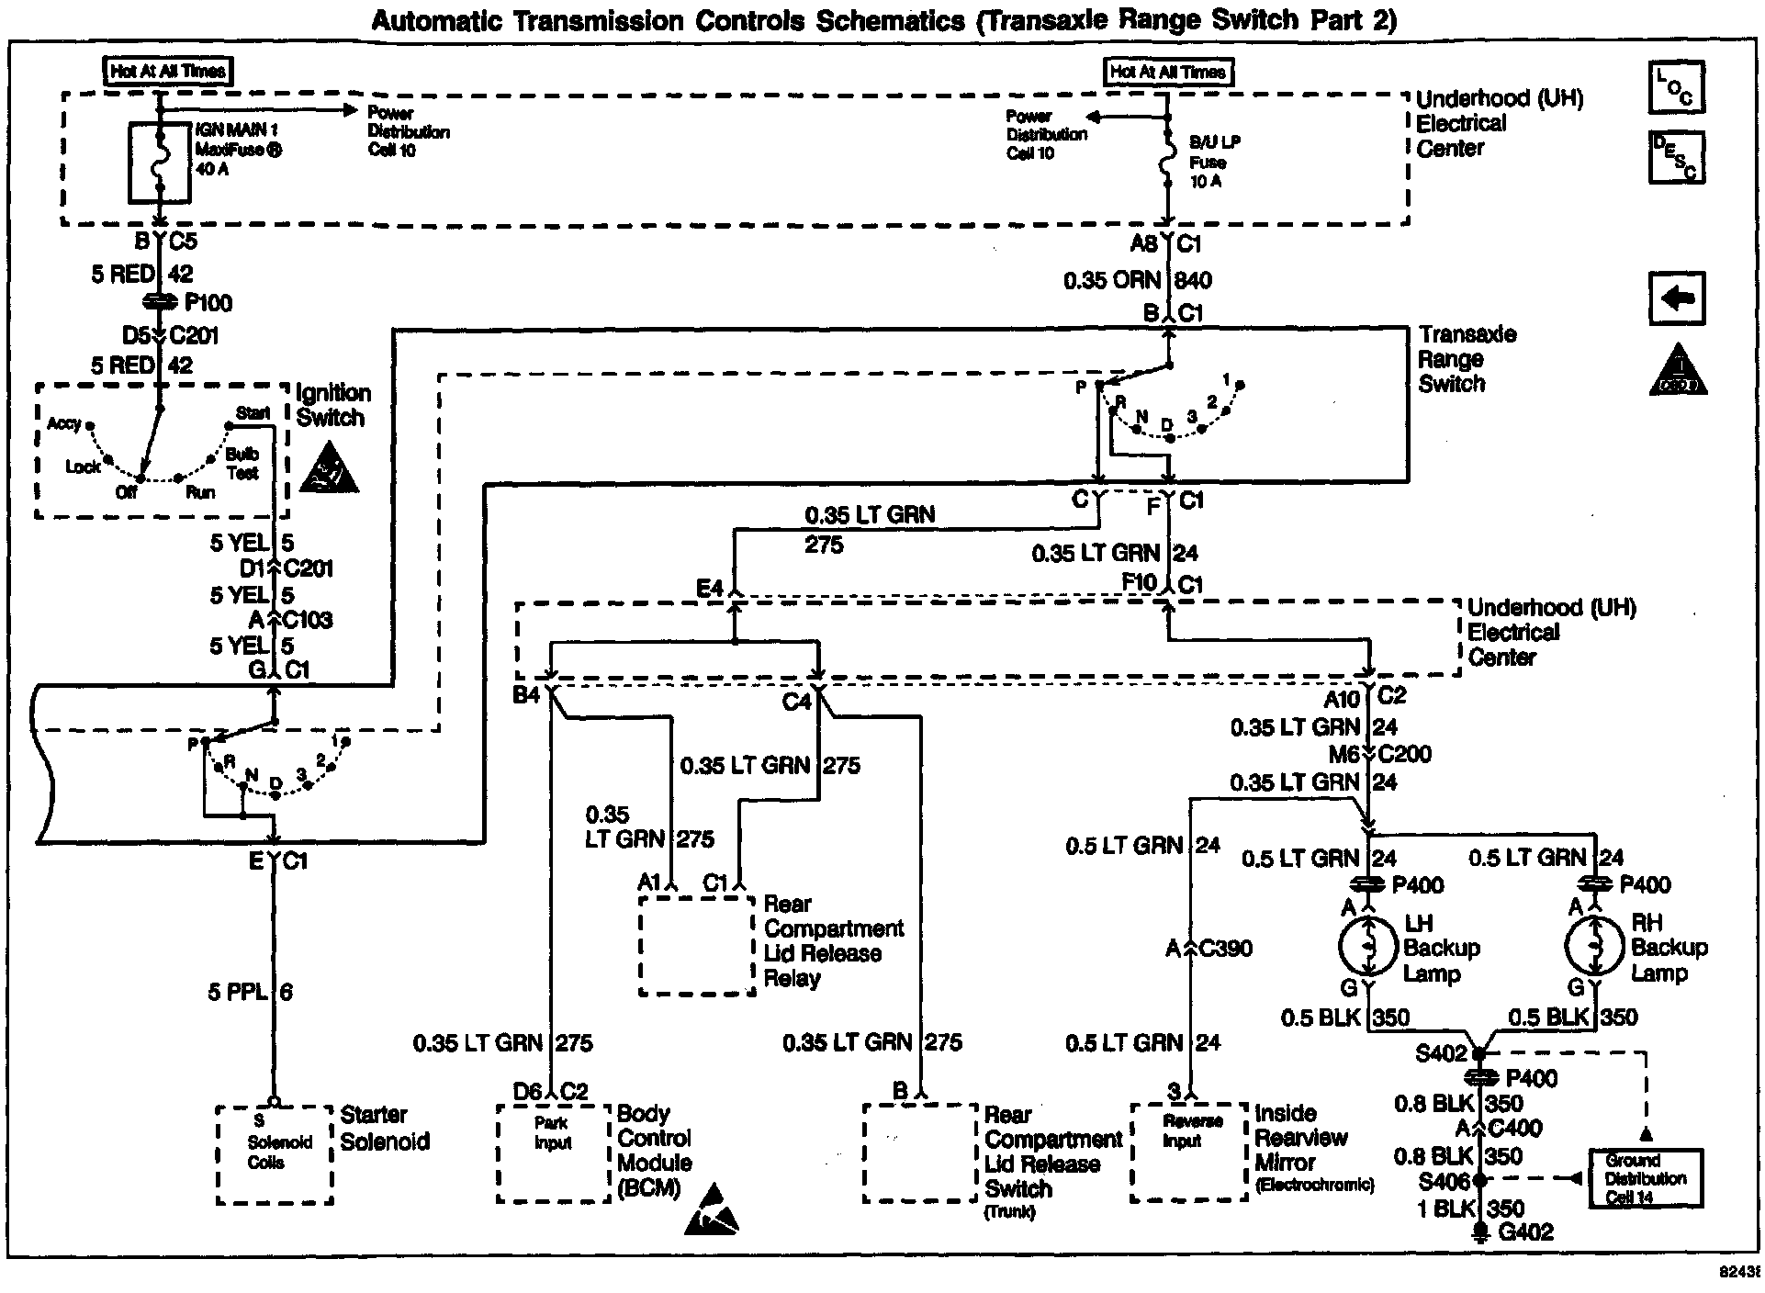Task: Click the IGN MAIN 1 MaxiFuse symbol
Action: point(159,163)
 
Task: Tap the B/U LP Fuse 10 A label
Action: point(1215,162)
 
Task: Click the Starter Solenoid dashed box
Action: point(275,1154)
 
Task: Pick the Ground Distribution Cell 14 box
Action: point(1646,1178)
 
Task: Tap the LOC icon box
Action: point(1677,87)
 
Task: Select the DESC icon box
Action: point(1677,157)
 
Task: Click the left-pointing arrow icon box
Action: point(1677,298)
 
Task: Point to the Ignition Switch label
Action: point(332,405)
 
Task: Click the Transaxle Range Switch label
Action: point(1467,359)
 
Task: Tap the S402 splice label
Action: point(1442,1053)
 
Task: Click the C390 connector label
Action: point(1225,949)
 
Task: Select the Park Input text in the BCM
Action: point(553,1132)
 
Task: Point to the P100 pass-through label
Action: point(208,303)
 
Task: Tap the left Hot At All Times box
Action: point(167,71)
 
